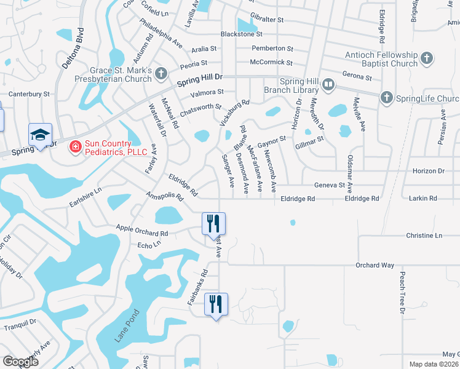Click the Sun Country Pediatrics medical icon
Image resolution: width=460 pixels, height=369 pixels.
pos(75,146)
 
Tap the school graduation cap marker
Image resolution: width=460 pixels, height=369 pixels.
pos(40,135)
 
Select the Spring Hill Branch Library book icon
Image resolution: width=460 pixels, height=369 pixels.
pos(328,84)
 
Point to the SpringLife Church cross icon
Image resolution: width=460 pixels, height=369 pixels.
pos(386,98)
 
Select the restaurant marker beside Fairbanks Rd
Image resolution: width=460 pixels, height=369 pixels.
pos(216,304)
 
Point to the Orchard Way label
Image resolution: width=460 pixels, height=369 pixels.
pos(375,265)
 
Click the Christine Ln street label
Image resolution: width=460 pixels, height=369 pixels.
pos(424,236)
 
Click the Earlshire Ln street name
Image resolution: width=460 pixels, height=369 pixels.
pos(85,197)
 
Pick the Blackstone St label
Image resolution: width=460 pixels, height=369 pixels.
pos(242,34)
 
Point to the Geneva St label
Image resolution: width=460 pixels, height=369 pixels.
pos(329,185)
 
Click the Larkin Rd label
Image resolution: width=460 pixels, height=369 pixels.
pos(424,198)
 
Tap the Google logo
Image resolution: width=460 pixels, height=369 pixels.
pos(21,362)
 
